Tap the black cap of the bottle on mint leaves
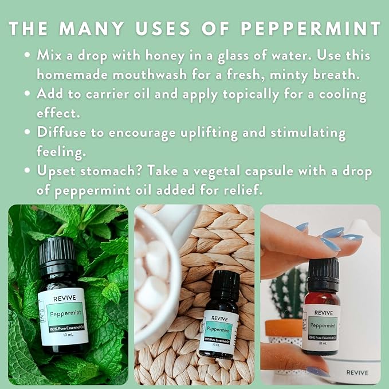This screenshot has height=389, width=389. pyautogui.click(x=57, y=252)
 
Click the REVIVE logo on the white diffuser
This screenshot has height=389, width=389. pyautogui.click(x=357, y=372)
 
